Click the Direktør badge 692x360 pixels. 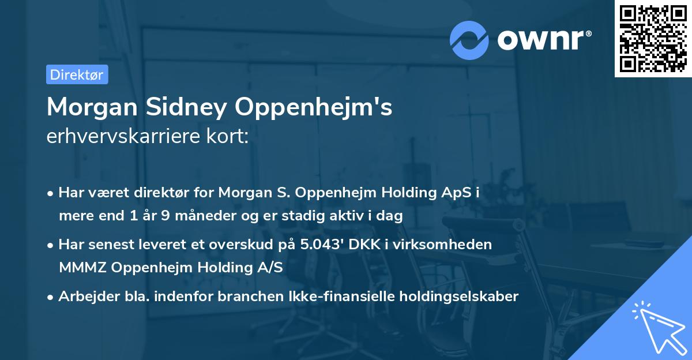tap(77, 74)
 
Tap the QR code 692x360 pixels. tap(653, 39)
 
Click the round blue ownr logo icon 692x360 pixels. tap(469, 40)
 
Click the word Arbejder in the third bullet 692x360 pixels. tap(82, 297)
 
